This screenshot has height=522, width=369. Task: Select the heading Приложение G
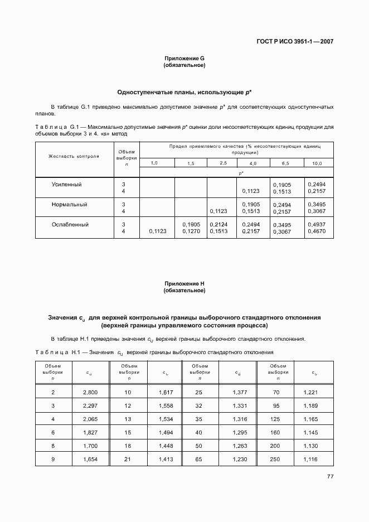[184, 59]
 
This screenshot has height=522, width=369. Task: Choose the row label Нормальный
[69, 205]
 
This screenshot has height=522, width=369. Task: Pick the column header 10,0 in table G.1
[317, 163]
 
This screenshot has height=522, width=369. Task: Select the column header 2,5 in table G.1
[222, 163]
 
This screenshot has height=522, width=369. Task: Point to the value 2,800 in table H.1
[90, 393]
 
